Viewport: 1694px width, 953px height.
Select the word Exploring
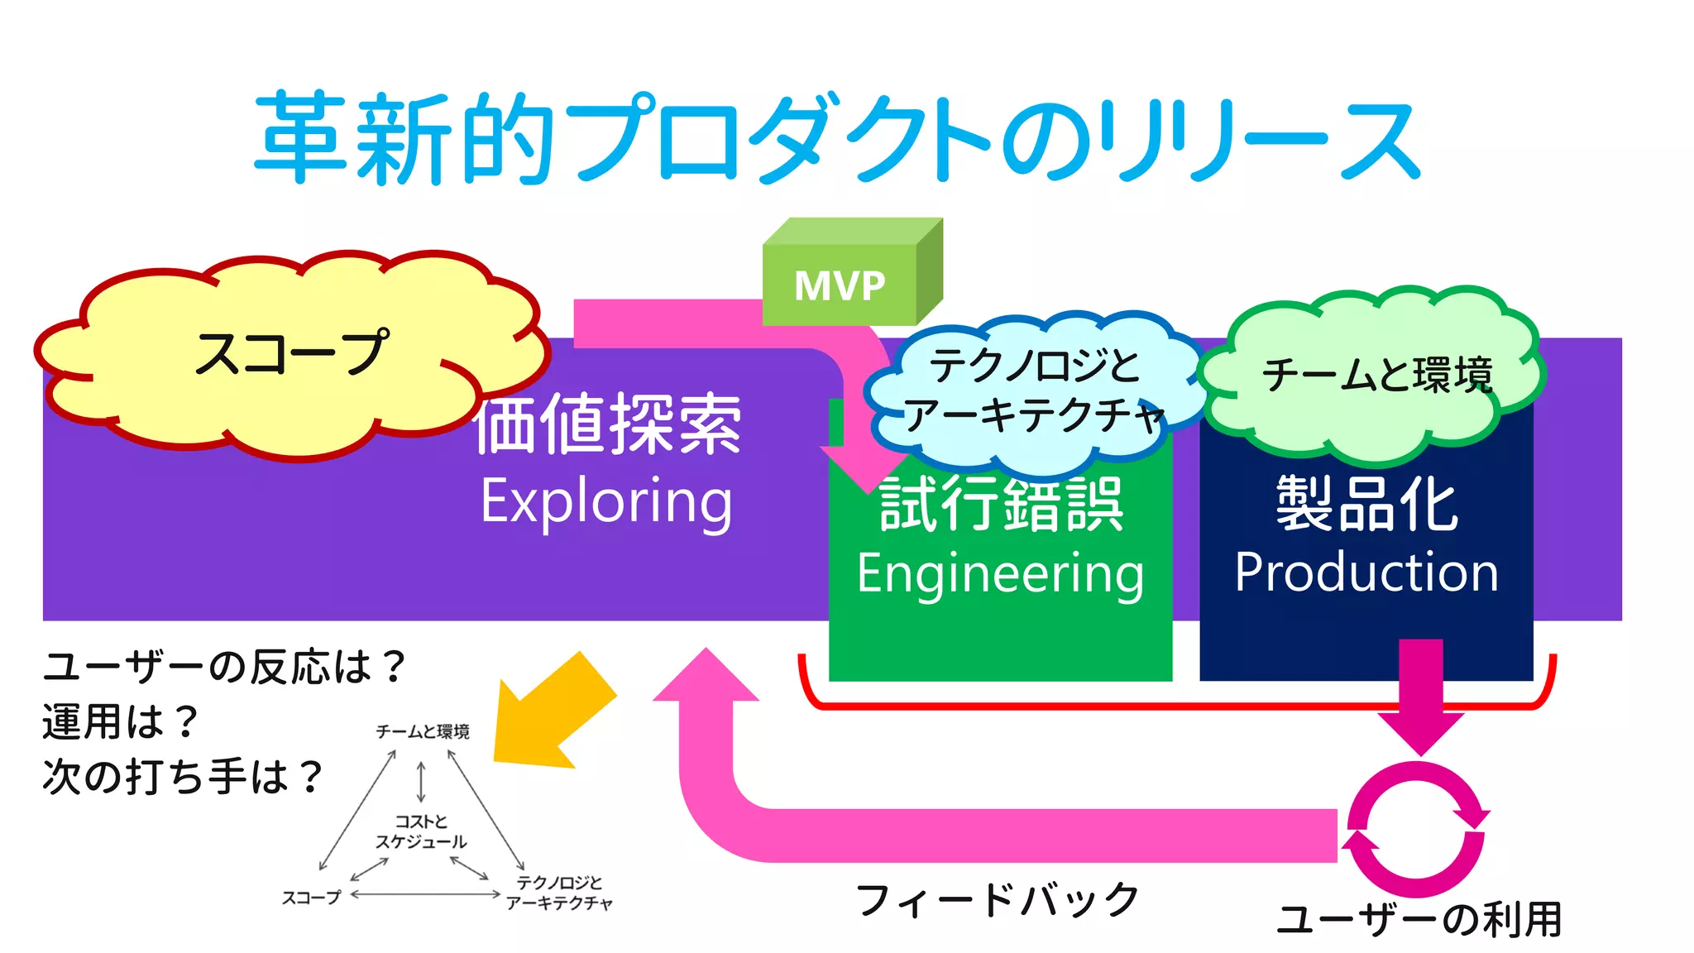tap(606, 502)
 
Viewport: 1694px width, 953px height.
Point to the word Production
tap(1366, 572)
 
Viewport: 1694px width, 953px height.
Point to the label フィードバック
tap(998, 900)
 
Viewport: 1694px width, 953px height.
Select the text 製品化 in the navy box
tap(1366, 504)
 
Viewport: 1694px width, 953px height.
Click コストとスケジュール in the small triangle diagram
tap(421, 831)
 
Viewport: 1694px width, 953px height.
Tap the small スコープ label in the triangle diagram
tap(311, 898)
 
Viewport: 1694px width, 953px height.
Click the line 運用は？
tap(120, 721)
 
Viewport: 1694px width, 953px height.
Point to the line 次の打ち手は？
tap(182, 777)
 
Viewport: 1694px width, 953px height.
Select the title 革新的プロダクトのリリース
tap(835, 138)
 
